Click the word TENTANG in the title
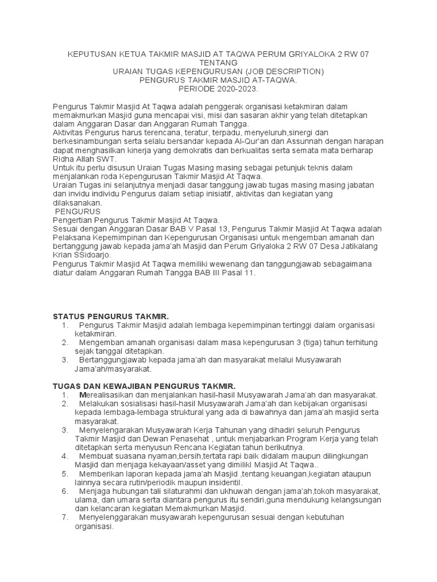(218, 63)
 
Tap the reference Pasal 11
(241, 273)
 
